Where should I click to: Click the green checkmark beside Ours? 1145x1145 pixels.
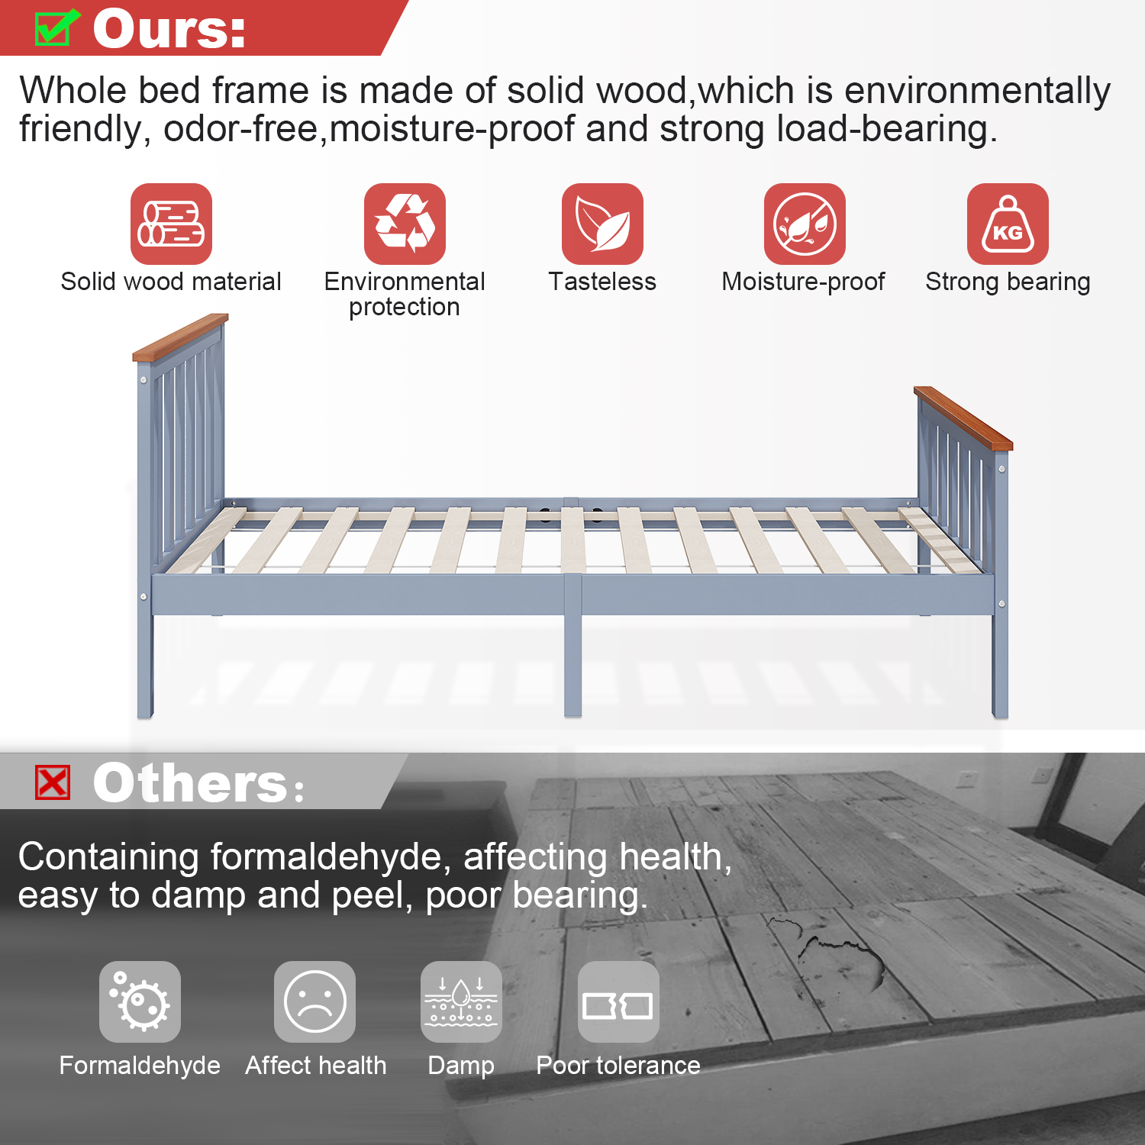pos(55,27)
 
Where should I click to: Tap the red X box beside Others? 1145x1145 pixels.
pos(53,782)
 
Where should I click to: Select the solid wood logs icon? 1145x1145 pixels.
pos(171,224)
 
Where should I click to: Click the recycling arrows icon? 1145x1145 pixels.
pos(405,224)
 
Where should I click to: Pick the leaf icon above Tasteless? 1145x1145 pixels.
pos(603,224)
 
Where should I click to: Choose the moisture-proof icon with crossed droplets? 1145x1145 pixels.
pos(805,224)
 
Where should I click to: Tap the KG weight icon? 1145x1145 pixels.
pos(1008,224)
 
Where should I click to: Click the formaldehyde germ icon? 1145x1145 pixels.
pos(140,1001)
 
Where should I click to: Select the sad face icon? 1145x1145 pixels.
pos(314,1001)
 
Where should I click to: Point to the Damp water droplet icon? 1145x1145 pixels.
pos(461,1001)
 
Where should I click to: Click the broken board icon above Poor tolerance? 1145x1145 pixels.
pos(618,1001)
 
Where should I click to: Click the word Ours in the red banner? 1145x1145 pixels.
pos(169,30)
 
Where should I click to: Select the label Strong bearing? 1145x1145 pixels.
pos(1008,282)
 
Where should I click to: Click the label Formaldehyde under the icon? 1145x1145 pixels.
pos(140,1065)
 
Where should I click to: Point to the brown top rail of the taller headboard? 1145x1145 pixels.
pos(181,337)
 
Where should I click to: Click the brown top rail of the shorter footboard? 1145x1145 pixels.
pos(963,418)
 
